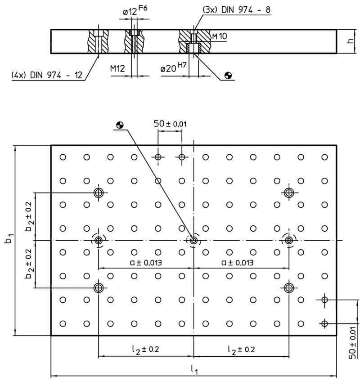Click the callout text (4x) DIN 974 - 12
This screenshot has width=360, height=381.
pyautogui.click(x=47, y=75)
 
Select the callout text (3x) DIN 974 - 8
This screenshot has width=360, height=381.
pyautogui.click(x=236, y=10)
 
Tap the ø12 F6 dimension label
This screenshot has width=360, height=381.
pyautogui.click(x=135, y=10)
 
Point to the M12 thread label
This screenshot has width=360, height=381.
pyautogui.click(x=117, y=69)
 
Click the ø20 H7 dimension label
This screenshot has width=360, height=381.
pyautogui.click(x=173, y=67)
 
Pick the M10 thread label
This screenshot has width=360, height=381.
pyautogui.click(x=220, y=36)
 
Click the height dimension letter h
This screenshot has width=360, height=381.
pyautogui.click(x=350, y=41)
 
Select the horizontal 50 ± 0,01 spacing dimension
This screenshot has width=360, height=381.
pyautogui.click(x=170, y=124)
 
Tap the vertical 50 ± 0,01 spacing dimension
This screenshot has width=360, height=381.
pyautogui.click(x=353, y=343)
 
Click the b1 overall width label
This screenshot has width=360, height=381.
pyautogui.click(x=9, y=238)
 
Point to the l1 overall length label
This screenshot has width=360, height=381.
pyautogui.click(x=194, y=369)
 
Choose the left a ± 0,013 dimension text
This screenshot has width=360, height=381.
pyautogui.click(x=146, y=262)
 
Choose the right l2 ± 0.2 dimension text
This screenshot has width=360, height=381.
pyautogui.click(x=241, y=350)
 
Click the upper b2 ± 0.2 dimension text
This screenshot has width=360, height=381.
pyautogui.click(x=29, y=216)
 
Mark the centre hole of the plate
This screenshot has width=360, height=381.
pyautogui.click(x=193, y=241)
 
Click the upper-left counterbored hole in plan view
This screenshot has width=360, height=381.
pyautogui.click(x=99, y=193)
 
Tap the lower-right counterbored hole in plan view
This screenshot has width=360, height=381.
pyautogui.click(x=289, y=288)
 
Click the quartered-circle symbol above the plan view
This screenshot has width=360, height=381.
pyautogui.click(x=120, y=125)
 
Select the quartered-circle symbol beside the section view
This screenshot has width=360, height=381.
pyautogui.click(x=228, y=76)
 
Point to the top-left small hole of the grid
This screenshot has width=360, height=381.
pyautogui.click(x=63, y=157)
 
